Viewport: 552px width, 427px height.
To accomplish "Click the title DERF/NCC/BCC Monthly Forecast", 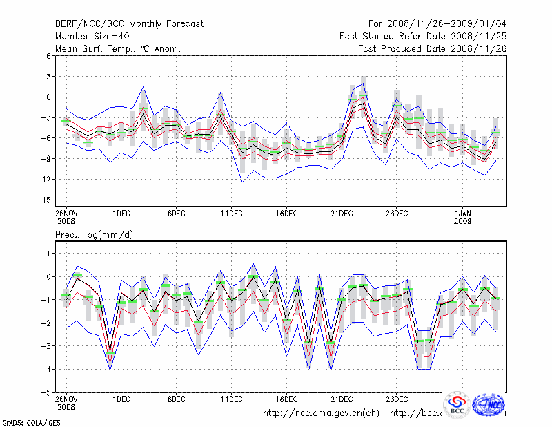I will (x=129, y=24).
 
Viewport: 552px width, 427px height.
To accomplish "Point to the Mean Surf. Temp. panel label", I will (x=118, y=49).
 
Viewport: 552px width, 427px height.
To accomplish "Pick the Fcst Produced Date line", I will (x=432, y=49).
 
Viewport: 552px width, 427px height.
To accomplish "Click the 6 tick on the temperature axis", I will (x=48, y=56).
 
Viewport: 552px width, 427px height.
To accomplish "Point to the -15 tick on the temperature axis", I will (x=45, y=200).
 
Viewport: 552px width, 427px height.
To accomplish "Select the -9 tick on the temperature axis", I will (x=46, y=159).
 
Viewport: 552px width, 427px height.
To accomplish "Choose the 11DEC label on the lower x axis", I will (x=231, y=399).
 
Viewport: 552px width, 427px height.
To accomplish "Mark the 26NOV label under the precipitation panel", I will (x=66, y=399).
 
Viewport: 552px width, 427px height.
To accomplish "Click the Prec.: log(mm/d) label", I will (x=95, y=236).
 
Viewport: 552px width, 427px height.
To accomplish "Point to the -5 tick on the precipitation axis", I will (x=46, y=392).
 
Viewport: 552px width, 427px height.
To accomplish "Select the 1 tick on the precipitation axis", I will (x=48, y=254).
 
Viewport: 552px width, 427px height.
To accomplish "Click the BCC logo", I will (x=456, y=404).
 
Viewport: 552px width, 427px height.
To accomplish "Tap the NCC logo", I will (x=491, y=404).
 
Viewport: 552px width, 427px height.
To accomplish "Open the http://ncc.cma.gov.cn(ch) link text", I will (x=322, y=413).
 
